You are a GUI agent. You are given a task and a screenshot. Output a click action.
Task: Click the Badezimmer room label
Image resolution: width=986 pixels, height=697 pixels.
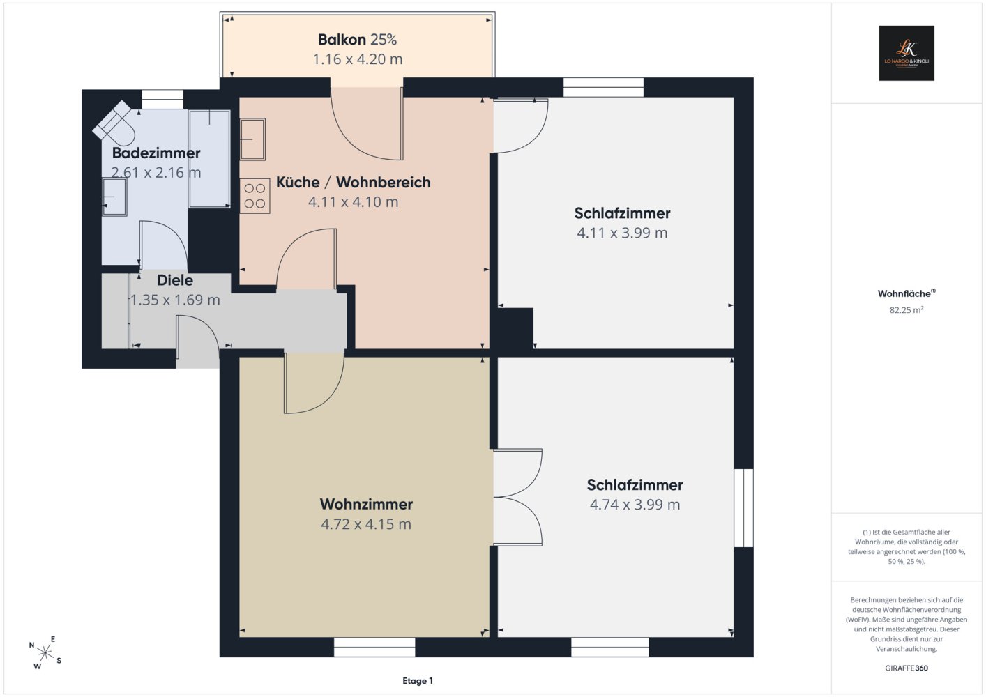[156, 153]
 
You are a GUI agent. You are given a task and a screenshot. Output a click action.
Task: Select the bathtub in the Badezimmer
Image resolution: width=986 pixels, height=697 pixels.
[209, 159]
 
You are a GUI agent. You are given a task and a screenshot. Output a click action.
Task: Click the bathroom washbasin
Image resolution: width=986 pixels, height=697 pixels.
[114, 197]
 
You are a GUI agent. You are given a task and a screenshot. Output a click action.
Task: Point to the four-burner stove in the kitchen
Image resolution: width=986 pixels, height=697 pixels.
[255, 196]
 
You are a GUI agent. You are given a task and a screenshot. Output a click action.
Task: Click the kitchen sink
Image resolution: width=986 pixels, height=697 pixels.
[252, 139]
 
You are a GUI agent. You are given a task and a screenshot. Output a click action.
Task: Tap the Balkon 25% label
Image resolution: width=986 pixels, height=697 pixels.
[358, 40]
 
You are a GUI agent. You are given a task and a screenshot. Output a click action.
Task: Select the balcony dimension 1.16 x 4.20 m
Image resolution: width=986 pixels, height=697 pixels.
[358, 59]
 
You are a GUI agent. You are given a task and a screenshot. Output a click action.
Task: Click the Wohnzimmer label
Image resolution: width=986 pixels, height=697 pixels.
[366, 504]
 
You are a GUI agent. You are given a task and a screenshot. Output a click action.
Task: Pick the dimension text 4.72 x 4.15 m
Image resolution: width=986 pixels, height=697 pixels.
[366, 524]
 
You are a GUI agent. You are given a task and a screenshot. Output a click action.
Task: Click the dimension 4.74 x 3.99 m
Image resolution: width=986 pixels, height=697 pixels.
[635, 504]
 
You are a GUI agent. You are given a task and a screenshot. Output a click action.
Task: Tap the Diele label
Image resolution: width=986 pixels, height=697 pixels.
[175, 280]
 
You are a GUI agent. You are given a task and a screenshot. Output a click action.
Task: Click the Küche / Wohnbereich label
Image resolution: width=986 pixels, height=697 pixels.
[353, 182]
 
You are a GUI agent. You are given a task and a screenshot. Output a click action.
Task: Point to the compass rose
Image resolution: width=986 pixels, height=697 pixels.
[45, 652]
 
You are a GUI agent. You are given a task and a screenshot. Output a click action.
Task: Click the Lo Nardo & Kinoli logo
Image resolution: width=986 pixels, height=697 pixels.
[907, 53]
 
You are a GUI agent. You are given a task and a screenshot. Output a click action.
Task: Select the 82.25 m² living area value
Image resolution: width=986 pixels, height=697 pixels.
[907, 309]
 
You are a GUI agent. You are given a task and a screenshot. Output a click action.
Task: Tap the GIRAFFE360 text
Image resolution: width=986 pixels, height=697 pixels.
[907, 668]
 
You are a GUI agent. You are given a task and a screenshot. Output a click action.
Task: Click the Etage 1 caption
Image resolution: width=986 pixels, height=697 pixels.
[418, 681]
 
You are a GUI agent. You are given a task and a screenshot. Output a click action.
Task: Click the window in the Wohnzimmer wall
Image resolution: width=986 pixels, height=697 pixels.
[374, 647]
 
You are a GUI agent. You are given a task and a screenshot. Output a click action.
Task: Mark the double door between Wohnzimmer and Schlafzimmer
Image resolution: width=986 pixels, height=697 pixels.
[517, 497]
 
